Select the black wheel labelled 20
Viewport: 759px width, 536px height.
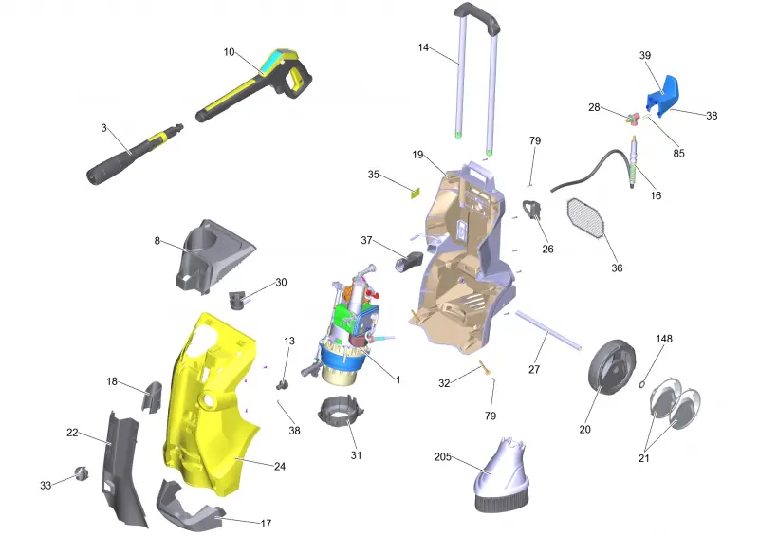[611, 368]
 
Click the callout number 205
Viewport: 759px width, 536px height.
[442, 456]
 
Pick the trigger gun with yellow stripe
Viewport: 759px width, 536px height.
[254, 84]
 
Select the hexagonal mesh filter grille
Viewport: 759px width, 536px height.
[585, 220]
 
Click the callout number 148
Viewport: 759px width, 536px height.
[663, 339]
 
